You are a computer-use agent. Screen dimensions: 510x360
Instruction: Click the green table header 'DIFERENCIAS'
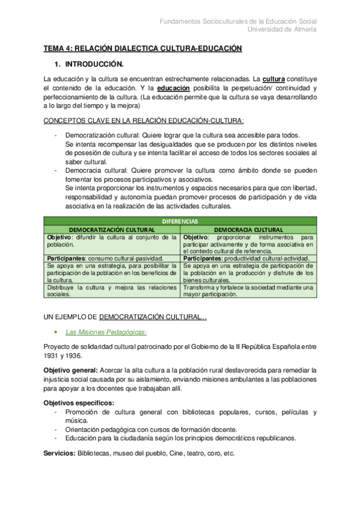(x=180, y=221)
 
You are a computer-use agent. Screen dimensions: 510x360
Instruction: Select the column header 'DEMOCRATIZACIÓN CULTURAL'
(x=112, y=230)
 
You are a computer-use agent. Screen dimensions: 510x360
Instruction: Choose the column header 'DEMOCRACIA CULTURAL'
(x=248, y=230)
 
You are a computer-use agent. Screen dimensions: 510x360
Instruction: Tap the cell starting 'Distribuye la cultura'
(x=112, y=290)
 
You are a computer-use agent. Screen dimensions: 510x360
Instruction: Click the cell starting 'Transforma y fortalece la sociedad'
(x=248, y=290)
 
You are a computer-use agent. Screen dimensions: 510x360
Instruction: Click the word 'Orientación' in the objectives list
(x=83, y=429)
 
